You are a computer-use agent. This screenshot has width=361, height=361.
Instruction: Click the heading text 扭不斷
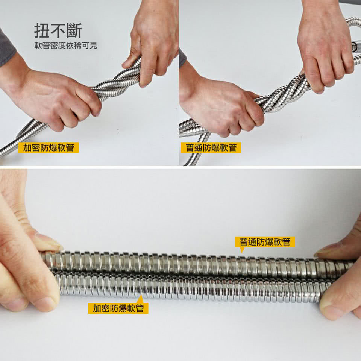click(x=58, y=31)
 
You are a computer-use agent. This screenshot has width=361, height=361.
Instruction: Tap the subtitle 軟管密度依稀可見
click(x=65, y=46)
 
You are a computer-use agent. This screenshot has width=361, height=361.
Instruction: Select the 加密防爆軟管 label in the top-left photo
click(x=49, y=147)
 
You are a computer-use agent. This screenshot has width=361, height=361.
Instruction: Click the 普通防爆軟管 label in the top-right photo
click(x=211, y=147)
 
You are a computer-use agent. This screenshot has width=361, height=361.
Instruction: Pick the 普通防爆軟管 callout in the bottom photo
click(x=265, y=242)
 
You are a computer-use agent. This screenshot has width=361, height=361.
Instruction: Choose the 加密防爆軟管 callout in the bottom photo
click(x=118, y=308)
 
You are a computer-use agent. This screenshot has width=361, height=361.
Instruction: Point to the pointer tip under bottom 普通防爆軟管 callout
click(x=242, y=251)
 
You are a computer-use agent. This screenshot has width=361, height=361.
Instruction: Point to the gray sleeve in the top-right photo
click(x=182, y=58)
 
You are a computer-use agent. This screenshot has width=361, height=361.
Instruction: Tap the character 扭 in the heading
click(x=41, y=31)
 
